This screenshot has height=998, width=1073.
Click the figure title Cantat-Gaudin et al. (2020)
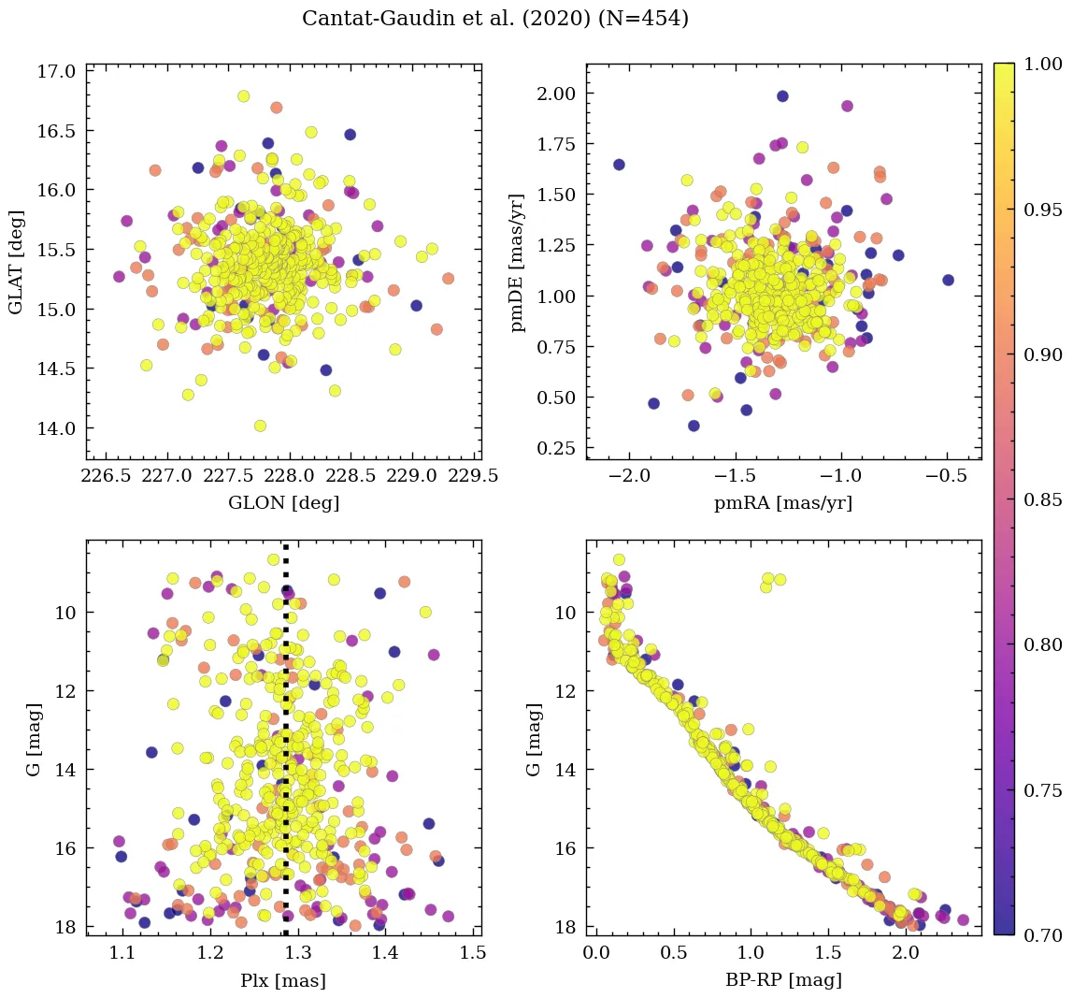(495, 19)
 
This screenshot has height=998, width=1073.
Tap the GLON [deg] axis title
(284, 503)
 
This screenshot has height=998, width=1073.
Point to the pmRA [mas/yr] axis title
(783, 503)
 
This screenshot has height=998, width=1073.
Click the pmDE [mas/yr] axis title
(516, 262)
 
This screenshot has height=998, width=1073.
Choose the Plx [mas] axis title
(284, 980)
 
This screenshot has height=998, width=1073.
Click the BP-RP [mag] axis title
(783, 980)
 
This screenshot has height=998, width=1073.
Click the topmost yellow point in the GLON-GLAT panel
(244, 96)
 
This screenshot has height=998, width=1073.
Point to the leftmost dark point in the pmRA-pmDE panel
(619, 165)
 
